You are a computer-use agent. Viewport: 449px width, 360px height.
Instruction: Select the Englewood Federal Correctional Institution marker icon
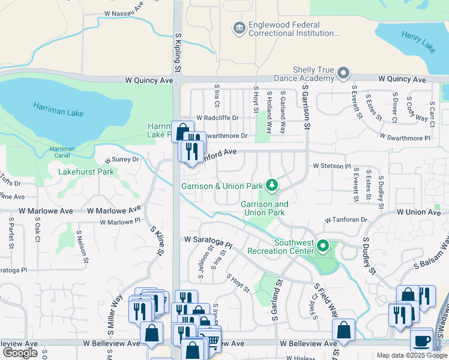(239, 28)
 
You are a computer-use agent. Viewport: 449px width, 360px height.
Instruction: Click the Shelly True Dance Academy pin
(343, 74)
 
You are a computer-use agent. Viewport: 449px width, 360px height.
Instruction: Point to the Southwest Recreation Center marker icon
(323, 246)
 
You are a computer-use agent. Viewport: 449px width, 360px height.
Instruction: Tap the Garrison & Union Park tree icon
(272, 185)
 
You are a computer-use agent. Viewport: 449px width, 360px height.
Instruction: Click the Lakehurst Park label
(86, 172)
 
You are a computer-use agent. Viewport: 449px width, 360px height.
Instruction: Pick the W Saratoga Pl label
(208, 242)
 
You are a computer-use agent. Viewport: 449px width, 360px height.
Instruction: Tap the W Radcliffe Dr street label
(217, 118)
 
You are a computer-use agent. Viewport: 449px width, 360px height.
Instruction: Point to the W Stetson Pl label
(331, 166)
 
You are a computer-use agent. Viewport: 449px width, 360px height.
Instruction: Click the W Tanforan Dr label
(346, 220)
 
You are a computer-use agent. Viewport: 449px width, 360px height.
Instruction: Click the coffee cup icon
(420, 340)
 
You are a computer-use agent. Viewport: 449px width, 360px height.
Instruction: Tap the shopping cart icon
(212, 340)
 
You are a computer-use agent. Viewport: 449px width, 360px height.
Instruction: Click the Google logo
(20, 353)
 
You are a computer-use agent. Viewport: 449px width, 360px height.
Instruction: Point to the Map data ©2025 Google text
(411, 355)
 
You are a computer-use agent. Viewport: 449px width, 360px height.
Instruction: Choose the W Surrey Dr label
(122, 160)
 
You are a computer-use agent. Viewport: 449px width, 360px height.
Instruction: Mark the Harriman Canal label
(62, 152)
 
